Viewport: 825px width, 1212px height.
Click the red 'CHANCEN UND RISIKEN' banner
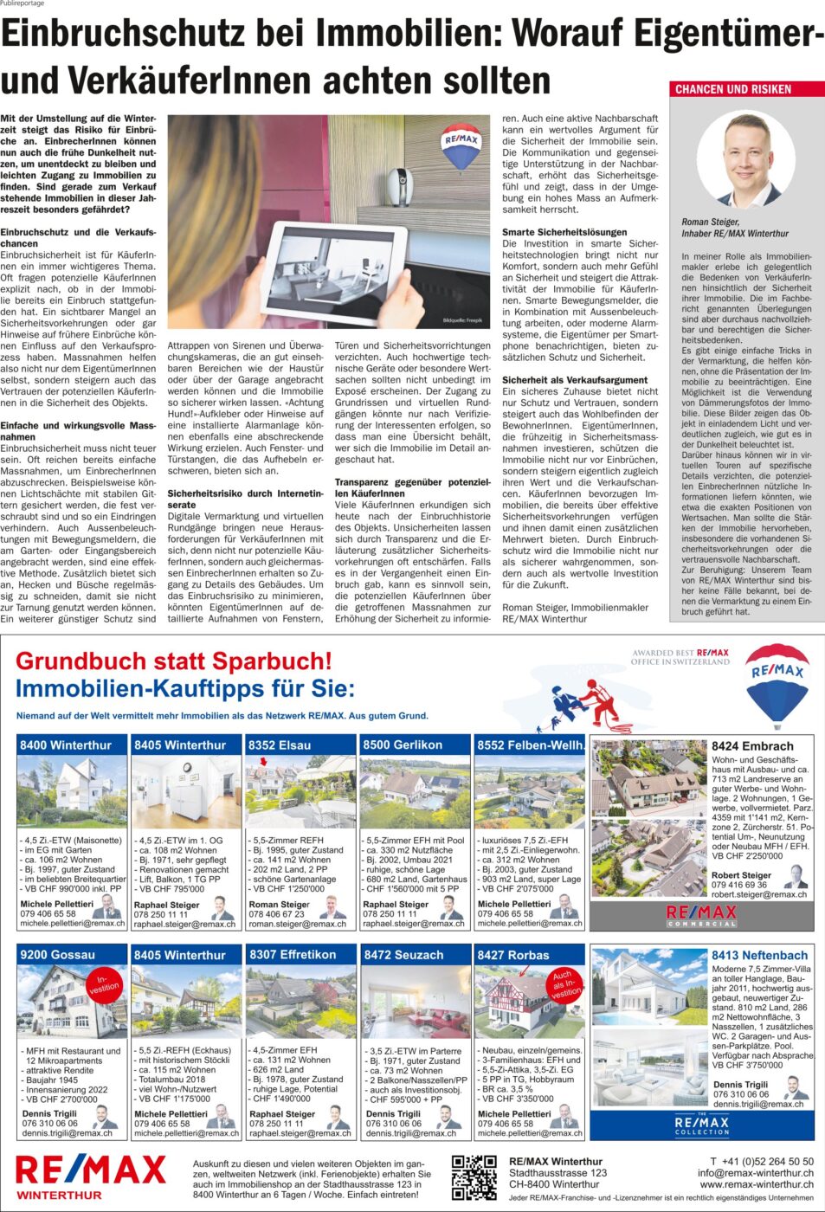pos(747,89)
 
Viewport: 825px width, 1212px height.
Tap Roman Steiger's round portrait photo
pos(745,161)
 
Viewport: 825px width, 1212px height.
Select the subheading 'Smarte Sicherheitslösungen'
pos(564,232)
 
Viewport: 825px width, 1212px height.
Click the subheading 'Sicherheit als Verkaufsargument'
pos(575,380)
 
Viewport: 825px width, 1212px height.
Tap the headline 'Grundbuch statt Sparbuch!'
pos(174,661)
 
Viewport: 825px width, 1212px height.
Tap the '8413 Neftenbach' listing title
pos(759,956)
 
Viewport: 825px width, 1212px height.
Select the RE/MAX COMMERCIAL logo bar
pos(702,915)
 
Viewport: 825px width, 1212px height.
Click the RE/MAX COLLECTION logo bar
pos(702,1125)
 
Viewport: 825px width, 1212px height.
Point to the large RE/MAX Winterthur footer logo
pos(90,1176)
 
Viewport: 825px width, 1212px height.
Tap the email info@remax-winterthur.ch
pos(755,1173)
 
